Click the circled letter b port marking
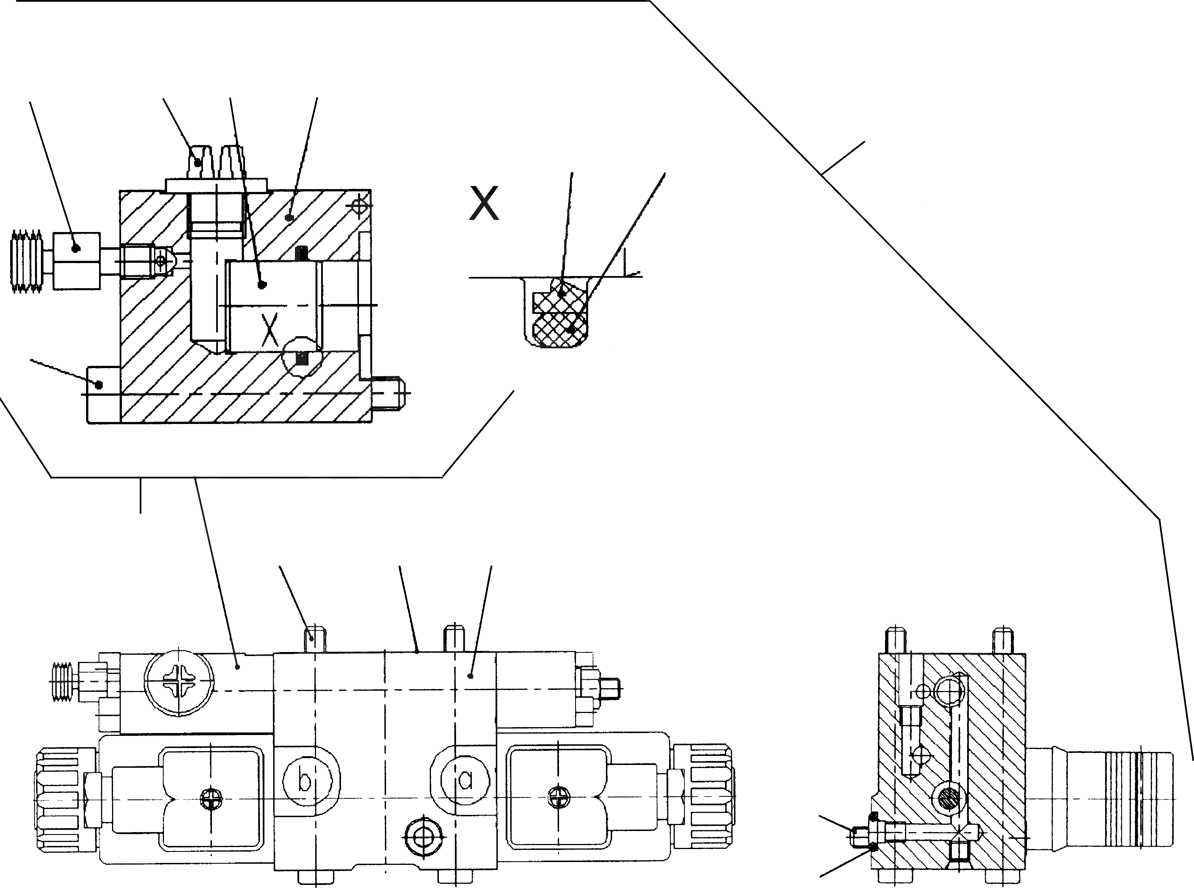(x=305, y=780)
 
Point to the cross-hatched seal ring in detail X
(x=559, y=320)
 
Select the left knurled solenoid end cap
(x=59, y=800)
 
